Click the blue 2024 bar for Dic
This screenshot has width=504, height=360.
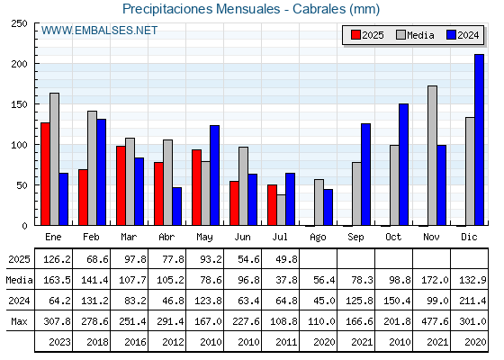[x=479, y=139]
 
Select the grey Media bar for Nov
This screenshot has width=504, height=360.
[x=432, y=156]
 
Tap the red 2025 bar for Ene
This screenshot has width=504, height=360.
[x=45, y=174]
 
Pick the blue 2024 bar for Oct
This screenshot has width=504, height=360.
[x=404, y=165]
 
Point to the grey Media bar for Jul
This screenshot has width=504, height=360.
[x=281, y=210]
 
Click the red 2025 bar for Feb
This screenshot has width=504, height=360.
[x=83, y=197]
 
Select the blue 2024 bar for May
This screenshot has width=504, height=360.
[x=215, y=175]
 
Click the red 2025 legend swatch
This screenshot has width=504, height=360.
[x=355, y=35]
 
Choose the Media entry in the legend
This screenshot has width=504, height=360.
[x=415, y=35]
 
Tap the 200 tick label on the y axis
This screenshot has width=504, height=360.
[x=19, y=64]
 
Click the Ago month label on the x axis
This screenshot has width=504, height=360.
[x=318, y=238]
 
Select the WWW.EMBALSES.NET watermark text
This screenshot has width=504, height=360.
[x=99, y=31]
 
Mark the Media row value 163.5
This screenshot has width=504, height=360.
[x=57, y=280]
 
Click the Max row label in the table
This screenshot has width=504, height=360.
[x=19, y=321]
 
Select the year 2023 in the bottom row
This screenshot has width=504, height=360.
[x=59, y=342]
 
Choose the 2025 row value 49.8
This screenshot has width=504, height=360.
[x=287, y=259]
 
